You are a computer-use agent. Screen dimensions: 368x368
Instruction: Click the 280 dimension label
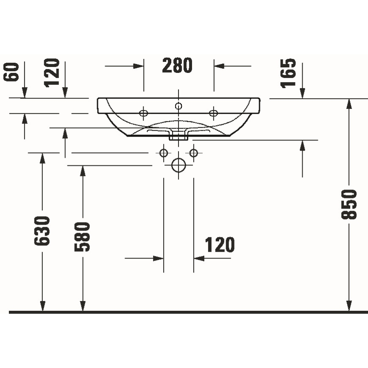[x=177, y=66]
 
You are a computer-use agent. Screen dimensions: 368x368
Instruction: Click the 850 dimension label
[x=349, y=204]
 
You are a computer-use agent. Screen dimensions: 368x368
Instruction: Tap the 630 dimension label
[x=42, y=231]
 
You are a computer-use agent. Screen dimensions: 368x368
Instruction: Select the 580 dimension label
[x=83, y=237]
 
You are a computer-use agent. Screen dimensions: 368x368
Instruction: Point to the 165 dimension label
[x=289, y=73]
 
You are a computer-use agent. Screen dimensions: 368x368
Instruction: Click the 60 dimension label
[x=12, y=72]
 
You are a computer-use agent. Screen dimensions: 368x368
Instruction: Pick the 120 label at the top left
[x=53, y=73]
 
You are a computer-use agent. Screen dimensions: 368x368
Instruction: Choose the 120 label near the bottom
[x=220, y=245]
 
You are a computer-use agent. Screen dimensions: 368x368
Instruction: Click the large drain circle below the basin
[x=178, y=165]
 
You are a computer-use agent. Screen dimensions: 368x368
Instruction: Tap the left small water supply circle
[x=164, y=153]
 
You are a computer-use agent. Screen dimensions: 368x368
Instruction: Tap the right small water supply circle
[x=193, y=153]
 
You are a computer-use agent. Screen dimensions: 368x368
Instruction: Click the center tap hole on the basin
[x=178, y=106]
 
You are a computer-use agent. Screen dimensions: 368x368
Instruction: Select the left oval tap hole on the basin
[x=144, y=113]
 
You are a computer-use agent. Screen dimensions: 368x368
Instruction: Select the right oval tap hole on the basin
[x=213, y=113]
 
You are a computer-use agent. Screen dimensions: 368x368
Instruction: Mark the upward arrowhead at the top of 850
[x=349, y=104]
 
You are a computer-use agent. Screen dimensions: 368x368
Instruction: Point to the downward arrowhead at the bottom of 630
[x=42, y=306]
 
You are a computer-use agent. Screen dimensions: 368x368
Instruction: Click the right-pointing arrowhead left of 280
[x=139, y=66]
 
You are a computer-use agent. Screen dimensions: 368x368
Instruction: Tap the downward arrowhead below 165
[x=303, y=93]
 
